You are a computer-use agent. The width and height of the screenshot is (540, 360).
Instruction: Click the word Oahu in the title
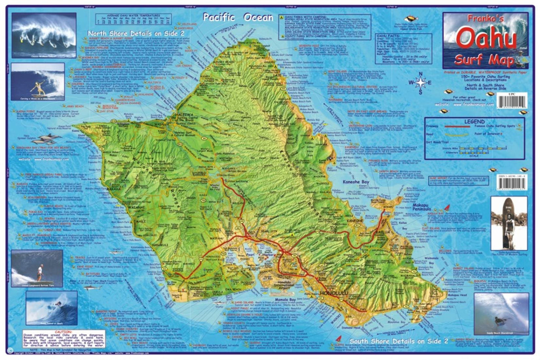(487, 39)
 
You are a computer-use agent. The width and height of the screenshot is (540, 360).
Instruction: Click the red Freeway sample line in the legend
(456, 126)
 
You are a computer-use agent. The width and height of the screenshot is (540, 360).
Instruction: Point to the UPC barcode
(512, 99)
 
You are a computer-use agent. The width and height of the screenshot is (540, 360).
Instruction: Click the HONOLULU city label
(333, 293)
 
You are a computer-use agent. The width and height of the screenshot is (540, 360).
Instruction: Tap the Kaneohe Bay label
(356, 182)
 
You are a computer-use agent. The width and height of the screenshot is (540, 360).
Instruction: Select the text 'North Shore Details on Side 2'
(136, 34)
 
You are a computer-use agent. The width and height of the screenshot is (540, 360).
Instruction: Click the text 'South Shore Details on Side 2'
(399, 341)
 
